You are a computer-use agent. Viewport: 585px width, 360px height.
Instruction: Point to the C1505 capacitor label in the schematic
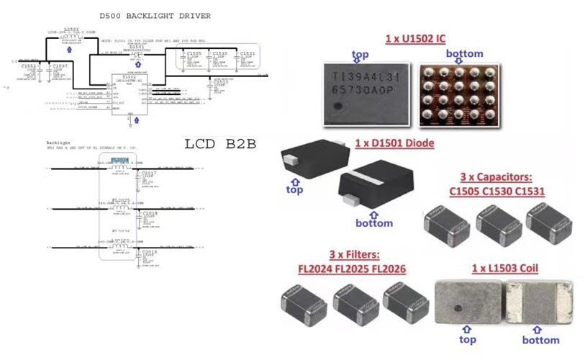coord(193,54)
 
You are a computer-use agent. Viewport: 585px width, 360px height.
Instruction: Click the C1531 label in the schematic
coord(248,54)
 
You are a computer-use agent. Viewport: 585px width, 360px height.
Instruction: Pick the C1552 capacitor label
coord(29,66)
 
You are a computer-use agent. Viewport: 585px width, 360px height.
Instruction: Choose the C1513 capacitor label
coord(221,83)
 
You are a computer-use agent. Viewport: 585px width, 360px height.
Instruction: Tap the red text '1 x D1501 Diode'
coord(395,143)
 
